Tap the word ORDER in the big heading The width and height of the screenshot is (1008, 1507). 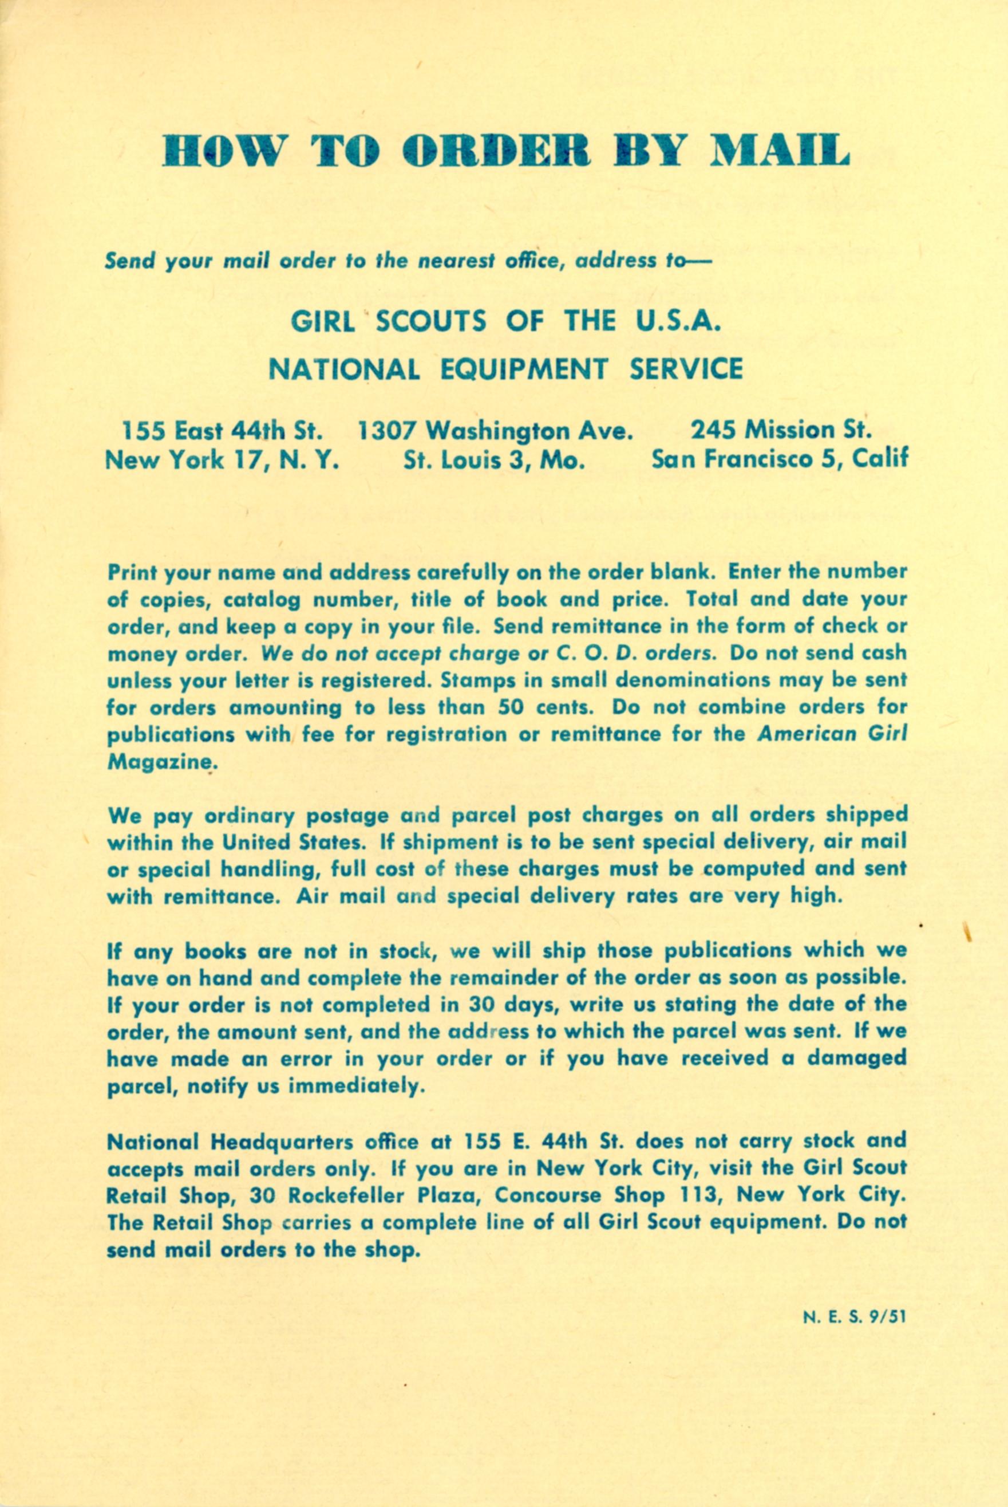[x=496, y=151]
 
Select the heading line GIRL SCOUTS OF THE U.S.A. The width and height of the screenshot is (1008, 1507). [x=504, y=321]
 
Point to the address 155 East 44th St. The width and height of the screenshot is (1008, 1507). [x=223, y=430]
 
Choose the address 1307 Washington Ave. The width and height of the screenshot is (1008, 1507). [x=492, y=430]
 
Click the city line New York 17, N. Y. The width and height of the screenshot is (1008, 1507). [x=223, y=460]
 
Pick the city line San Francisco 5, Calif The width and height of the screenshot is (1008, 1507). [x=780, y=460]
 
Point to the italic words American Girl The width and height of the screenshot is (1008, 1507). [x=832, y=734]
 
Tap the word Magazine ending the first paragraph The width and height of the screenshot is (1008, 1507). [x=158, y=763]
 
